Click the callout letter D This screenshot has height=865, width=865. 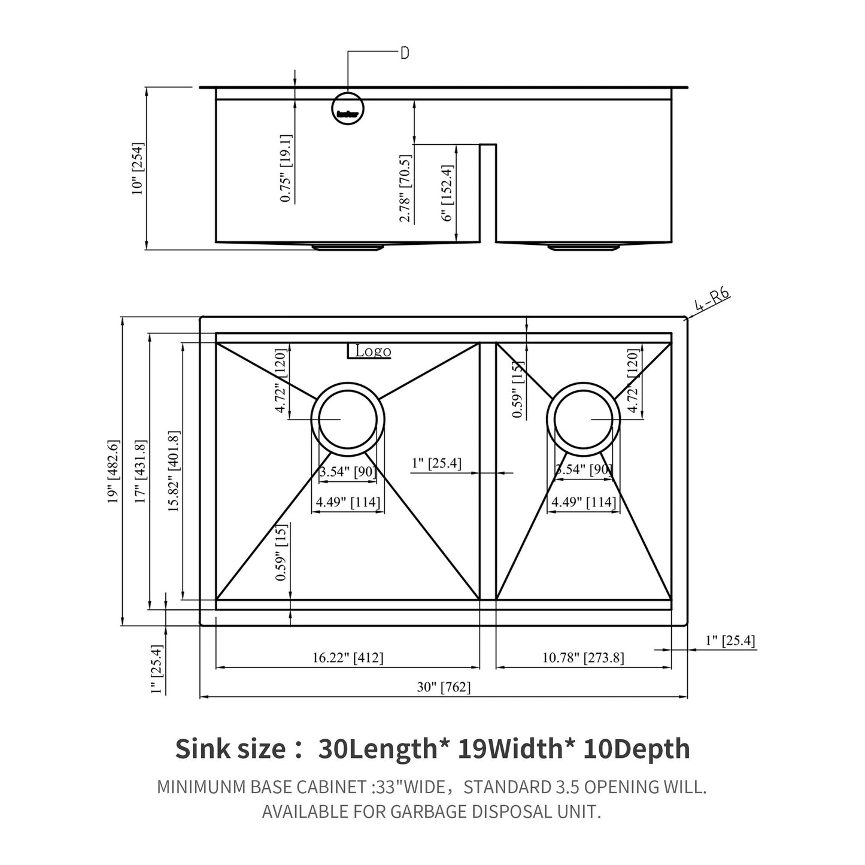[x=405, y=53]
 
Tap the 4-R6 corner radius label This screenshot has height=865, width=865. [x=712, y=301]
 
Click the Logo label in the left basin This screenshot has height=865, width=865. [x=372, y=351]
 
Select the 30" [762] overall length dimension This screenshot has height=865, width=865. [x=444, y=687]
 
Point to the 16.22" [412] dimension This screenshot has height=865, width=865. [x=348, y=657]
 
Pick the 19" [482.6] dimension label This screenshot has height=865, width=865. [x=113, y=471]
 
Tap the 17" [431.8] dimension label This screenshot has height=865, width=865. [x=141, y=471]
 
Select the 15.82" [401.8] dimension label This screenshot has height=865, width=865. [x=174, y=471]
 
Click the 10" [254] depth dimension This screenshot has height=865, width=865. [x=138, y=169]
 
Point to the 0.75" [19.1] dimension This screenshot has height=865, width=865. [x=286, y=168]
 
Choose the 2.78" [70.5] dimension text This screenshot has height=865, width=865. [x=406, y=189]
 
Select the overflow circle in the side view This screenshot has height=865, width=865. [x=348, y=108]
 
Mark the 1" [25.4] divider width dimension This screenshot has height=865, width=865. [x=436, y=463]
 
